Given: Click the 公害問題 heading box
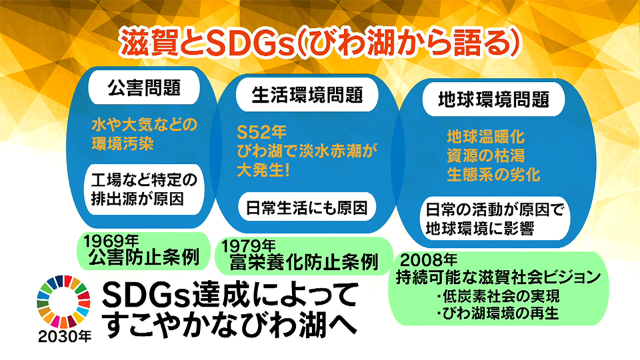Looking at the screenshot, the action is pos(144,88).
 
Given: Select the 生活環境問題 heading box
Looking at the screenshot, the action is pos(307,95).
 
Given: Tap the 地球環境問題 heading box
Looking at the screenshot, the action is pos(493,99).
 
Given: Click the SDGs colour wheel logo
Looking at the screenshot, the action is pos(63,301).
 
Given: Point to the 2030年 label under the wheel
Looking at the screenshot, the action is pos(65,336).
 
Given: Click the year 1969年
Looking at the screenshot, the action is pos(111,241).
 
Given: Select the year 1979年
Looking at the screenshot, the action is pos(249,245).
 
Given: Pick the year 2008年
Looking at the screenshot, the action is pos(429,259).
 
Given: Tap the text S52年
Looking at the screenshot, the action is pos(261,132).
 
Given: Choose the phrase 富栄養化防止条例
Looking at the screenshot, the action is pos(304,263).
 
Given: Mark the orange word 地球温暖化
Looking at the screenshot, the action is pos(485,137).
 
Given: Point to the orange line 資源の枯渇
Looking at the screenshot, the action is pos(485,155).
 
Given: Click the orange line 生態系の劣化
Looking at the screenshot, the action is pos(493,175).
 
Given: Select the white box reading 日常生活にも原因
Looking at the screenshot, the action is pos(307,207).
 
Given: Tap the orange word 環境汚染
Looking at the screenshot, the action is pos(123,144).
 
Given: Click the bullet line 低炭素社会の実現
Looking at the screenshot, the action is pos(497,296).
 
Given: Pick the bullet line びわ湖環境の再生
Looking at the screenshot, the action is pos(497,313).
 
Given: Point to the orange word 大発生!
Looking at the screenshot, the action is pos(264,170).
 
